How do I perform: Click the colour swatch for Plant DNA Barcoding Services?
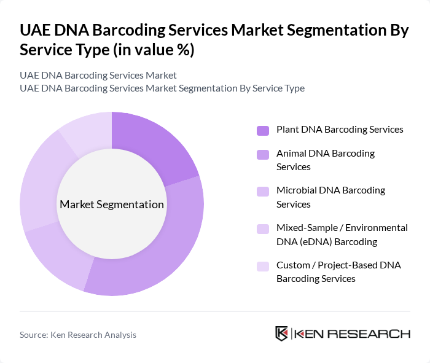click(x=263, y=130)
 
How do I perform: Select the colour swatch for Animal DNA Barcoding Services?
click(x=263, y=154)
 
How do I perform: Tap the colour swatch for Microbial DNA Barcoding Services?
click(x=263, y=191)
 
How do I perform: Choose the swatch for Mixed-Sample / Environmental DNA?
click(x=263, y=228)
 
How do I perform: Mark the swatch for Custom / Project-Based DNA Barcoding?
click(x=263, y=266)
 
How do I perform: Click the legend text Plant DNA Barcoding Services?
click(x=340, y=130)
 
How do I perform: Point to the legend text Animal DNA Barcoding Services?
click(x=326, y=160)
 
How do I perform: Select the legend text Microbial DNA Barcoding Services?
click(x=330, y=197)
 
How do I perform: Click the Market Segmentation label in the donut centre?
click(x=112, y=205)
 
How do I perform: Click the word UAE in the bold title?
click(x=36, y=31)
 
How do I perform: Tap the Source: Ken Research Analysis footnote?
click(x=78, y=335)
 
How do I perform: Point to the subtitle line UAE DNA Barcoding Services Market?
click(x=98, y=76)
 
